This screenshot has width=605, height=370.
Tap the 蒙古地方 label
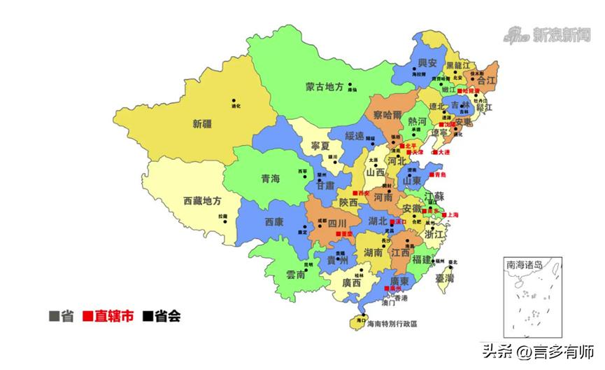[x=325, y=88]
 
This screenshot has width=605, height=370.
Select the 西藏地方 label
[x=202, y=200]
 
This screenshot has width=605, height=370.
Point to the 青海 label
[x=271, y=179]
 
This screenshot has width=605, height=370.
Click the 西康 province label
[x=274, y=222]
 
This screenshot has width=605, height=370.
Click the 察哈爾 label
[x=387, y=114]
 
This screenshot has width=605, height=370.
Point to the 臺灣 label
[x=445, y=278]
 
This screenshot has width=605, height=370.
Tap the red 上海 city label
[x=450, y=215]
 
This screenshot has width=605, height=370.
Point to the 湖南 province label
[x=372, y=252]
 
